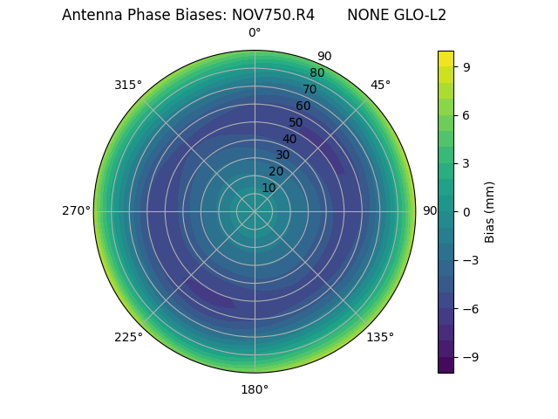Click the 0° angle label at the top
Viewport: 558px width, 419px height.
(x=255, y=33)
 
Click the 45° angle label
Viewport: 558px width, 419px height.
(x=380, y=85)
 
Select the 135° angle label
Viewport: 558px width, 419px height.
(x=380, y=337)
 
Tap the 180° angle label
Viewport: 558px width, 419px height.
(x=255, y=389)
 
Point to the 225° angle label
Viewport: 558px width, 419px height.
(x=128, y=337)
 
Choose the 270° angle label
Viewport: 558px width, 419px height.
(x=76, y=211)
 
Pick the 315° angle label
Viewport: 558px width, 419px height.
(x=128, y=85)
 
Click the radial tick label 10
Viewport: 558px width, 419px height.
(x=269, y=188)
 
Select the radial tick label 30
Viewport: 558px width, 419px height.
(x=282, y=155)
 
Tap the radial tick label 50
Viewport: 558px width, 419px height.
(x=296, y=122)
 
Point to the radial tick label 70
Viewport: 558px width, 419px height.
(x=310, y=89)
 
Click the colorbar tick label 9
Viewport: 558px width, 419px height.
(x=467, y=66)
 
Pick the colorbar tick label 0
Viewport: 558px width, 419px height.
(x=467, y=211)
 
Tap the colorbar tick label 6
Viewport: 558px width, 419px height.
(x=467, y=115)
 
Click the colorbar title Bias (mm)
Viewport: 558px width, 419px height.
(x=490, y=211)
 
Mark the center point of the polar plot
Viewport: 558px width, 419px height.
(x=255, y=211)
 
